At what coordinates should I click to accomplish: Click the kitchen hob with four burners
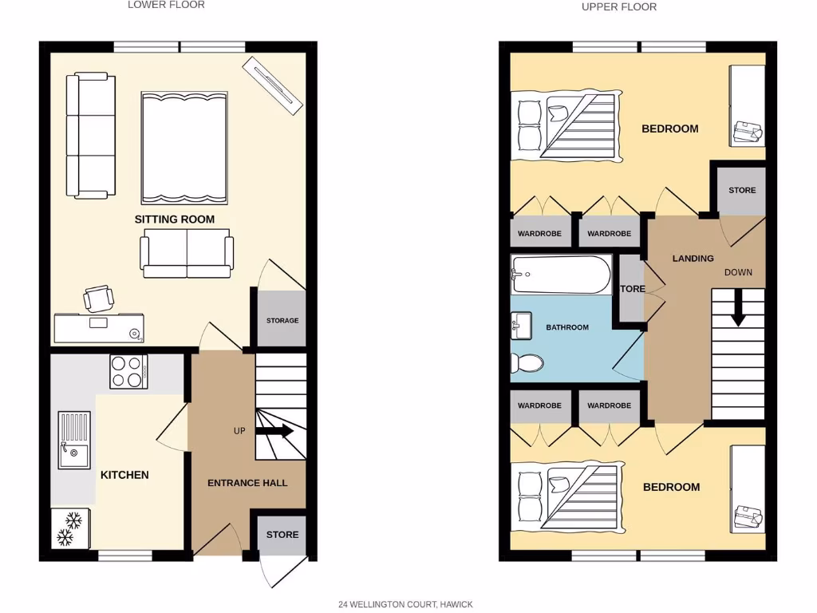click(128, 371)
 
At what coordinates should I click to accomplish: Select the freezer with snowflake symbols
click(70, 528)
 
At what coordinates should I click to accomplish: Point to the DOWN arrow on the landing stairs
click(738, 308)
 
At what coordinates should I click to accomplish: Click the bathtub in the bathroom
click(560, 275)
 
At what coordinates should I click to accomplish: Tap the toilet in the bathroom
click(527, 363)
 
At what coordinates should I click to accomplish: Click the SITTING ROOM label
click(174, 219)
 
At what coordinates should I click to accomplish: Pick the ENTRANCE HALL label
click(247, 483)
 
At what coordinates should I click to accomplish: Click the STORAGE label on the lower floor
click(282, 321)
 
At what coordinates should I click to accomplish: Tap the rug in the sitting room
click(184, 148)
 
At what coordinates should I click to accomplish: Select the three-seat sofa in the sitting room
click(90, 136)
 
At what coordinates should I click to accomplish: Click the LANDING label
click(693, 259)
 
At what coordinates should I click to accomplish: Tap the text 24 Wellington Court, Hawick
click(405, 604)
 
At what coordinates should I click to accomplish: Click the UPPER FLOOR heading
click(619, 7)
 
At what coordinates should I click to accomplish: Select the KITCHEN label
click(124, 475)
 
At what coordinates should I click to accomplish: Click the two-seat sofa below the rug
click(187, 253)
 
